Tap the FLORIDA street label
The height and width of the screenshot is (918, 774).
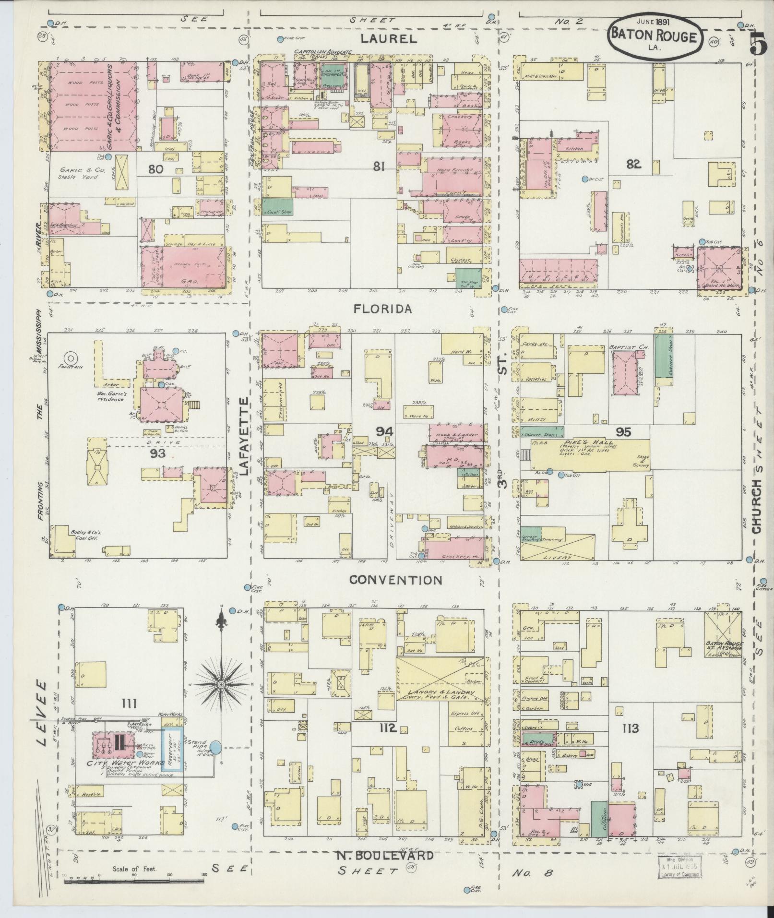point(382,309)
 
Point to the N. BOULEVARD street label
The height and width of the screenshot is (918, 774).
point(384,855)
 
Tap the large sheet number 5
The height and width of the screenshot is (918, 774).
point(758,46)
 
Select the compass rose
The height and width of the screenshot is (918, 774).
point(221,684)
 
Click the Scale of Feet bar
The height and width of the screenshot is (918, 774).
point(134,881)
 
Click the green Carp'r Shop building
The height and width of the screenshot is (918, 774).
point(277,206)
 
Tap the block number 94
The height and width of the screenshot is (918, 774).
point(384,431)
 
